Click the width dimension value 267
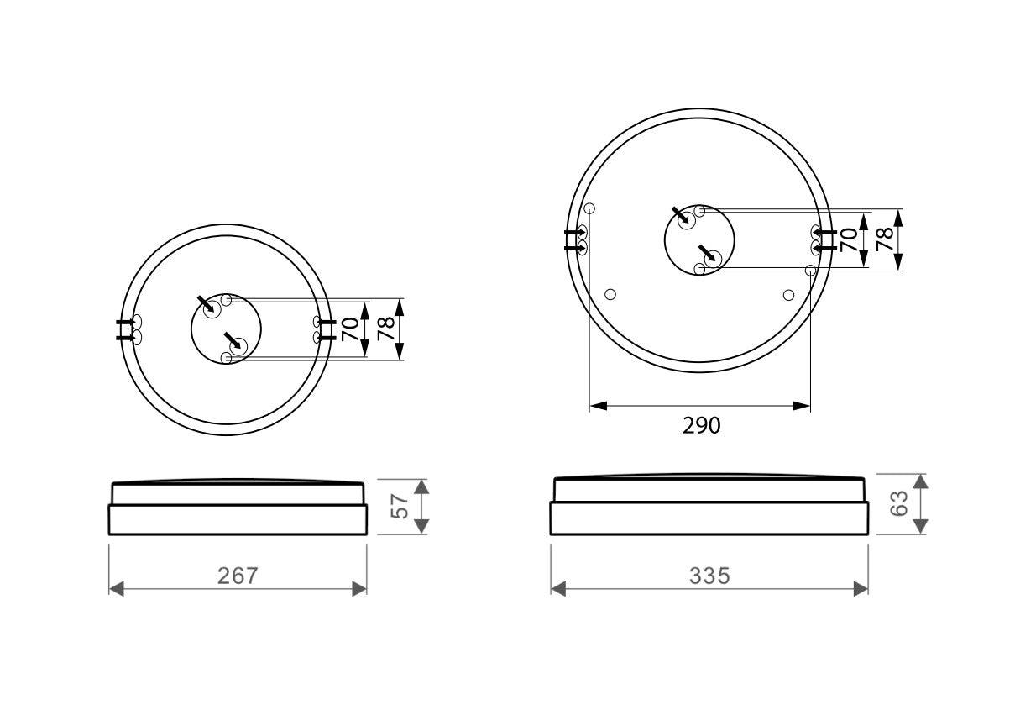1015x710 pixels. click(238, 576)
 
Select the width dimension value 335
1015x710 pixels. click(709, 576)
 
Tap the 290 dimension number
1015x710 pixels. click(701, 426)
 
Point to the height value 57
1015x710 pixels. click(400, 507)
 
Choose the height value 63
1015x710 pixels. click(899, 504)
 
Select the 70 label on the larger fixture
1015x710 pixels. click(850, 239)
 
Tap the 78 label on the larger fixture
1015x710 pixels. click(883, 239)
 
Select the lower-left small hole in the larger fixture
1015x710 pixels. click(610, 294)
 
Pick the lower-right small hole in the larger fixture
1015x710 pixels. click(788, 294)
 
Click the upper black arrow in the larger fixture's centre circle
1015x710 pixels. click(682, 215)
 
